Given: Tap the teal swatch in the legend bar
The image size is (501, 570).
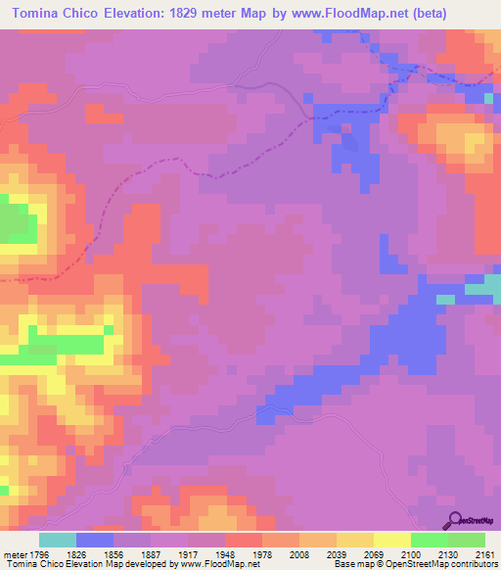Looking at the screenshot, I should pos(58,540).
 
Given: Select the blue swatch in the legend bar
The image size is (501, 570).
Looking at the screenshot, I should pos(95,540).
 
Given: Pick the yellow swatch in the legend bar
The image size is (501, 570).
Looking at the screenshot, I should pos(391,540).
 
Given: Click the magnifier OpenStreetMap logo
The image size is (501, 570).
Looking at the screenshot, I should pos(456,519).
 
